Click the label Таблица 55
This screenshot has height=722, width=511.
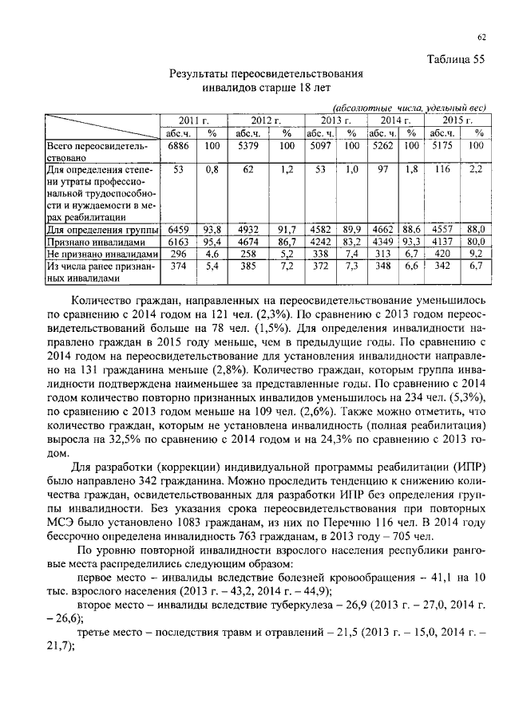(x=456, y=59)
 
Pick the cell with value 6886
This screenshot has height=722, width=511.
(x=176, y=147)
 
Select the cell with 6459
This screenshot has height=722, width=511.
(x=176, y=229)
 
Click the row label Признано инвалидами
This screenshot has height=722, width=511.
(x=95, y=242)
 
